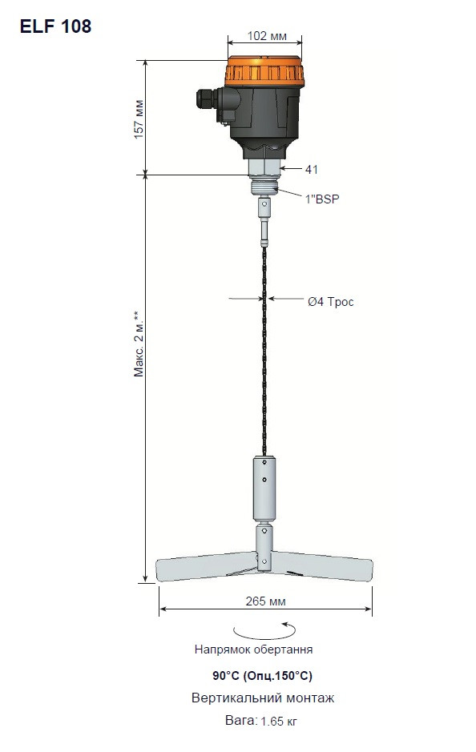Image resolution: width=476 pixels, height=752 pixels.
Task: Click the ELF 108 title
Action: pos(55,26)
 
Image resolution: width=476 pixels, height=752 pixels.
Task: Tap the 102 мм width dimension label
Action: pos(267,37)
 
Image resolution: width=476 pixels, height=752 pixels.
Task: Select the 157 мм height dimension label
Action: pos(139,119)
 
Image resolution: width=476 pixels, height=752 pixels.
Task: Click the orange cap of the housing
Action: pos(264,73)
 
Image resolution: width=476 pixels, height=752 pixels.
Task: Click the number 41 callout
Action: pos(312,169)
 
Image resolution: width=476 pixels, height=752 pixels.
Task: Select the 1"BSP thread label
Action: pos(322,199)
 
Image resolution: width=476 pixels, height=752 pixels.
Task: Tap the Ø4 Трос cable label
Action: pos(331,302)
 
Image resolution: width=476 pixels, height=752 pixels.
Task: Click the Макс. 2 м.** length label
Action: pos(139,344)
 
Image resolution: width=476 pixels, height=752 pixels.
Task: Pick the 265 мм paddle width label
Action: pos(265,601)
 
